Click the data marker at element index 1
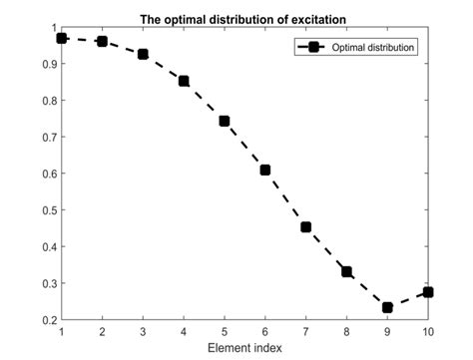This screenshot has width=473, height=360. click(62, 38)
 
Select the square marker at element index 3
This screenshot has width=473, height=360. click(143, 54)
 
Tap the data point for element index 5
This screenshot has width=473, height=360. click(225, 121)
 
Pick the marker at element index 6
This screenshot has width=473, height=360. click(265, 170)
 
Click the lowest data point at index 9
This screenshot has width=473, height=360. click(387, 307)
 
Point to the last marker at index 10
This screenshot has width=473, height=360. click(428, 292)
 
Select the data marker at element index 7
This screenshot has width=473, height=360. click(306, 227)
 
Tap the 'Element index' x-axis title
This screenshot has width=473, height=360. click(244, 348)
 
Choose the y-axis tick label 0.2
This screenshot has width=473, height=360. click(47, 319)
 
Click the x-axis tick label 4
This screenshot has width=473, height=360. click(184, 331)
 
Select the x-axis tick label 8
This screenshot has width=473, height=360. click(346, 331)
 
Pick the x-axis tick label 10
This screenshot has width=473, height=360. click(428, 331)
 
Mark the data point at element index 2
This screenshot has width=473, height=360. click(102, 41)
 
